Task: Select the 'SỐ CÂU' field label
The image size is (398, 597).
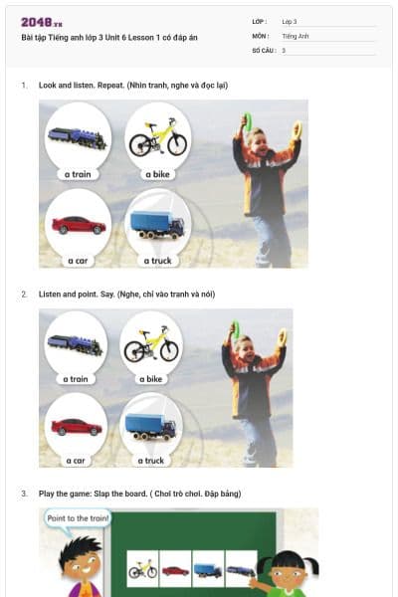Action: [x=263, y=50]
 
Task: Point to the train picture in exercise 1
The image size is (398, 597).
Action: [x=77, y=139]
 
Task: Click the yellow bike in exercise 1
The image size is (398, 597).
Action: [x=157, y=137]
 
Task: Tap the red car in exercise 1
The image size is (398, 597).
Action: [x=78, y=225]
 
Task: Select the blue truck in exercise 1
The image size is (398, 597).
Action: [x=157, y=224]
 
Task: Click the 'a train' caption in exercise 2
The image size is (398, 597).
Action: [x=76, y=379]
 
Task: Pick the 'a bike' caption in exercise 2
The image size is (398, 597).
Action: [x=149, y=379]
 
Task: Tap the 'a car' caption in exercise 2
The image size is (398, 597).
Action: [x=76, y=461]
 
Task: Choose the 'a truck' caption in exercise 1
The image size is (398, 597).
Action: [x=156, y=261]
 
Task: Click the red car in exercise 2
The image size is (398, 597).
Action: [x=77, y=427]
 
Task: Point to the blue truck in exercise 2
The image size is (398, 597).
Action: [x=150, y=426]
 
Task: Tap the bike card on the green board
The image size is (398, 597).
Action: [x=142, y=569]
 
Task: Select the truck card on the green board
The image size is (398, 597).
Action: [x=208, y=569]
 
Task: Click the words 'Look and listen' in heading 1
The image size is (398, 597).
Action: [x=69, y=86]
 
